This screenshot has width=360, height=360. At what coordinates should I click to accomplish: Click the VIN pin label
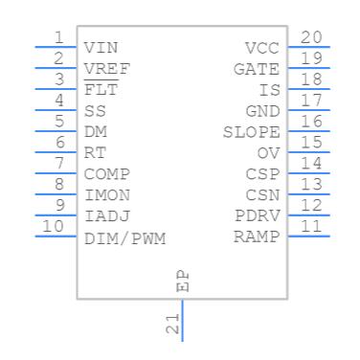(101, 48)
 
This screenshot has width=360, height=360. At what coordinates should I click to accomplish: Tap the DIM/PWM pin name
(124, 238)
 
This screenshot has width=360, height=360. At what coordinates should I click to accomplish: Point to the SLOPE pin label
(251, 132)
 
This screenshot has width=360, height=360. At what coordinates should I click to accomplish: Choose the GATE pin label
(257, 69)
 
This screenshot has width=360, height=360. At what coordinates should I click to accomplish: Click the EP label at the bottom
(183, 281)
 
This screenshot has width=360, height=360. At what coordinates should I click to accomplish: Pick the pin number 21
(172, 325)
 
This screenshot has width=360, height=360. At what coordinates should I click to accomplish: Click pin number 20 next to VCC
(311, 37)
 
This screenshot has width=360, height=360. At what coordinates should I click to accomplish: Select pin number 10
(53, 226)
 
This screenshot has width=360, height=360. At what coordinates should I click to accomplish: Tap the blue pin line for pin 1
(56, 47)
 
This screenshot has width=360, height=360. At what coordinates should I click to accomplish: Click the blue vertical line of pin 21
(183, 321)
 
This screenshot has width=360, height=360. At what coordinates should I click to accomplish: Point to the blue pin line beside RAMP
(308, 236)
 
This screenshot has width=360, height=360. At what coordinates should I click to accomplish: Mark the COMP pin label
(107, 174)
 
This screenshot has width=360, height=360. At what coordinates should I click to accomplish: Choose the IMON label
(107, 195)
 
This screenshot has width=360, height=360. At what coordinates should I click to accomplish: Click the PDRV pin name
(258, 216)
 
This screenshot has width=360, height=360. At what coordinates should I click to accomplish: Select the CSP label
(262, 174)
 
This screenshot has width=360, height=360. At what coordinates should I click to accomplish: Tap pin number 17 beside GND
(311, 101)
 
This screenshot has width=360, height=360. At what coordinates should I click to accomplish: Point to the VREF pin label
(107, 69)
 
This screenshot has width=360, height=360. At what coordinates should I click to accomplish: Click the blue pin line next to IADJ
(56, 215)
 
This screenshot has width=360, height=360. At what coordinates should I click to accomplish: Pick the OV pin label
(268, 153)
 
